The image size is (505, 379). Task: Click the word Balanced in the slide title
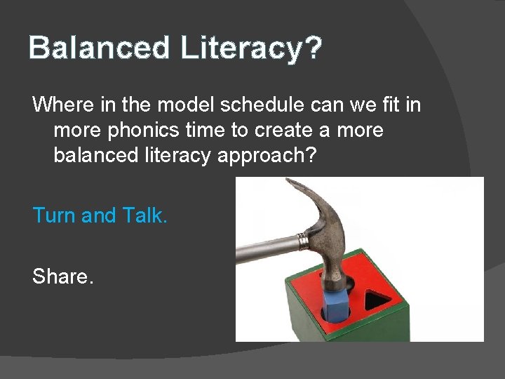click(x=100, y=48)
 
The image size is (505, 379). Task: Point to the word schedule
click(x=248, y=105)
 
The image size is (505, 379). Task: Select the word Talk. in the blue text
click(x=145, y=215)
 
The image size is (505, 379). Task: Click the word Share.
click(x=62, y=277)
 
